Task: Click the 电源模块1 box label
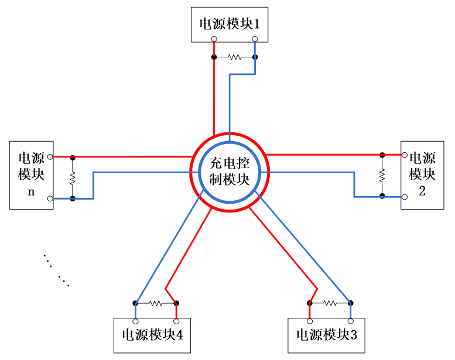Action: [x=230, y=24]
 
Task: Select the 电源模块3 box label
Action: [x=327, y=335]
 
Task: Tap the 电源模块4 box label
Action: [x=152, y=335]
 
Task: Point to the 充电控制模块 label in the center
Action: [x=230, y=172]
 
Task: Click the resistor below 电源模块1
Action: [x=235, y=57]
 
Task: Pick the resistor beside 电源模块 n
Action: [x=73, y=178]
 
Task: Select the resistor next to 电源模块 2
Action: [x=382, y=175]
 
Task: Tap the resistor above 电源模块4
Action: [x=156, y=303]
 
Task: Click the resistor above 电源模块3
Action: [x=330, y=303]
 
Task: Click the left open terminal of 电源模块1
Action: [x=214, y=39]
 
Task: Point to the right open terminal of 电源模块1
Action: [x=255, y=39]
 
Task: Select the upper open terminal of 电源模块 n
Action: [x=50, y=157]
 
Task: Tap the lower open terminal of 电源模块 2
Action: [x=403, y=197]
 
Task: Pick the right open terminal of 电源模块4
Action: [x=176, y=321]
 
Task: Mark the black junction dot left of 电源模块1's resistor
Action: [x=214, y=57]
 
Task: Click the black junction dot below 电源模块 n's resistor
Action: [x=73, y=198]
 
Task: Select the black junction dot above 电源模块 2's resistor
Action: [x=382, y=155]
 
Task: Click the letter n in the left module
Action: [x=31, y=190]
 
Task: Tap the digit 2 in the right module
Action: [x=422, y=190]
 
